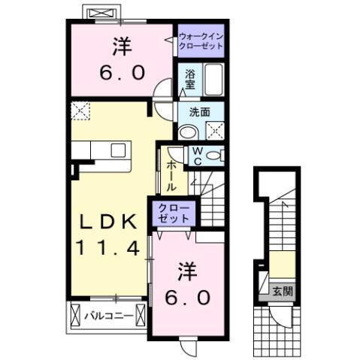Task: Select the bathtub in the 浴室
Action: pyautogui.click(x=214, y=80)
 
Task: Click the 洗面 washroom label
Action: pyautogui.click(x=198, y=113)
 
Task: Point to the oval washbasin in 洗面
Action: pyautogui.click(x=187, y=130)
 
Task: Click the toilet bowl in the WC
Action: pyautogui.click(x=215, y=156)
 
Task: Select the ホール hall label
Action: pyautogui.click(x=171, y=174)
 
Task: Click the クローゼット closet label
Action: pyautogui.click(x=173, y=212)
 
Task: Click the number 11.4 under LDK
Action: pyautogui.click(x=108, y=247)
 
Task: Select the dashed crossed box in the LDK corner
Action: pyautogui.click(x=80, y=111)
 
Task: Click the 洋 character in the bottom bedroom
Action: pyautogui.click(x=186, y=270)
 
